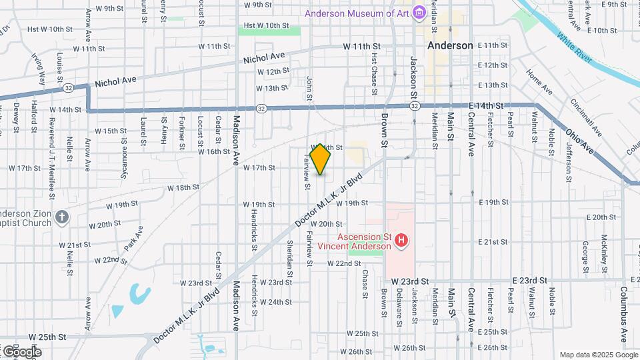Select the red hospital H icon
pos(401,240)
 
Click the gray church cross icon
pos(61,217)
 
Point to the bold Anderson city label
pos(450,45)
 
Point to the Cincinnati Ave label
pos(586,117)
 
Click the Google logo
pos(21,351)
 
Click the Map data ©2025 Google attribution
pos(597,355)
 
